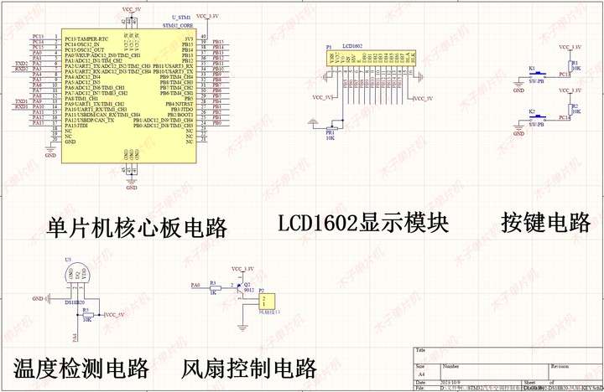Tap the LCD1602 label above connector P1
point(352,46)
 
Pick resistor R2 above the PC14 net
point(571,110)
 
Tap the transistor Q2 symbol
point(241,287)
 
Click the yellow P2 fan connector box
point(268,301)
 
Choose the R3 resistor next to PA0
point(214,286)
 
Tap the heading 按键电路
point(546,223)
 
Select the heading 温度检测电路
point(81,368)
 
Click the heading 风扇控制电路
point(249,368)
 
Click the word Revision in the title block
point(560,366)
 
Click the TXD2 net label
point(21,63)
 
